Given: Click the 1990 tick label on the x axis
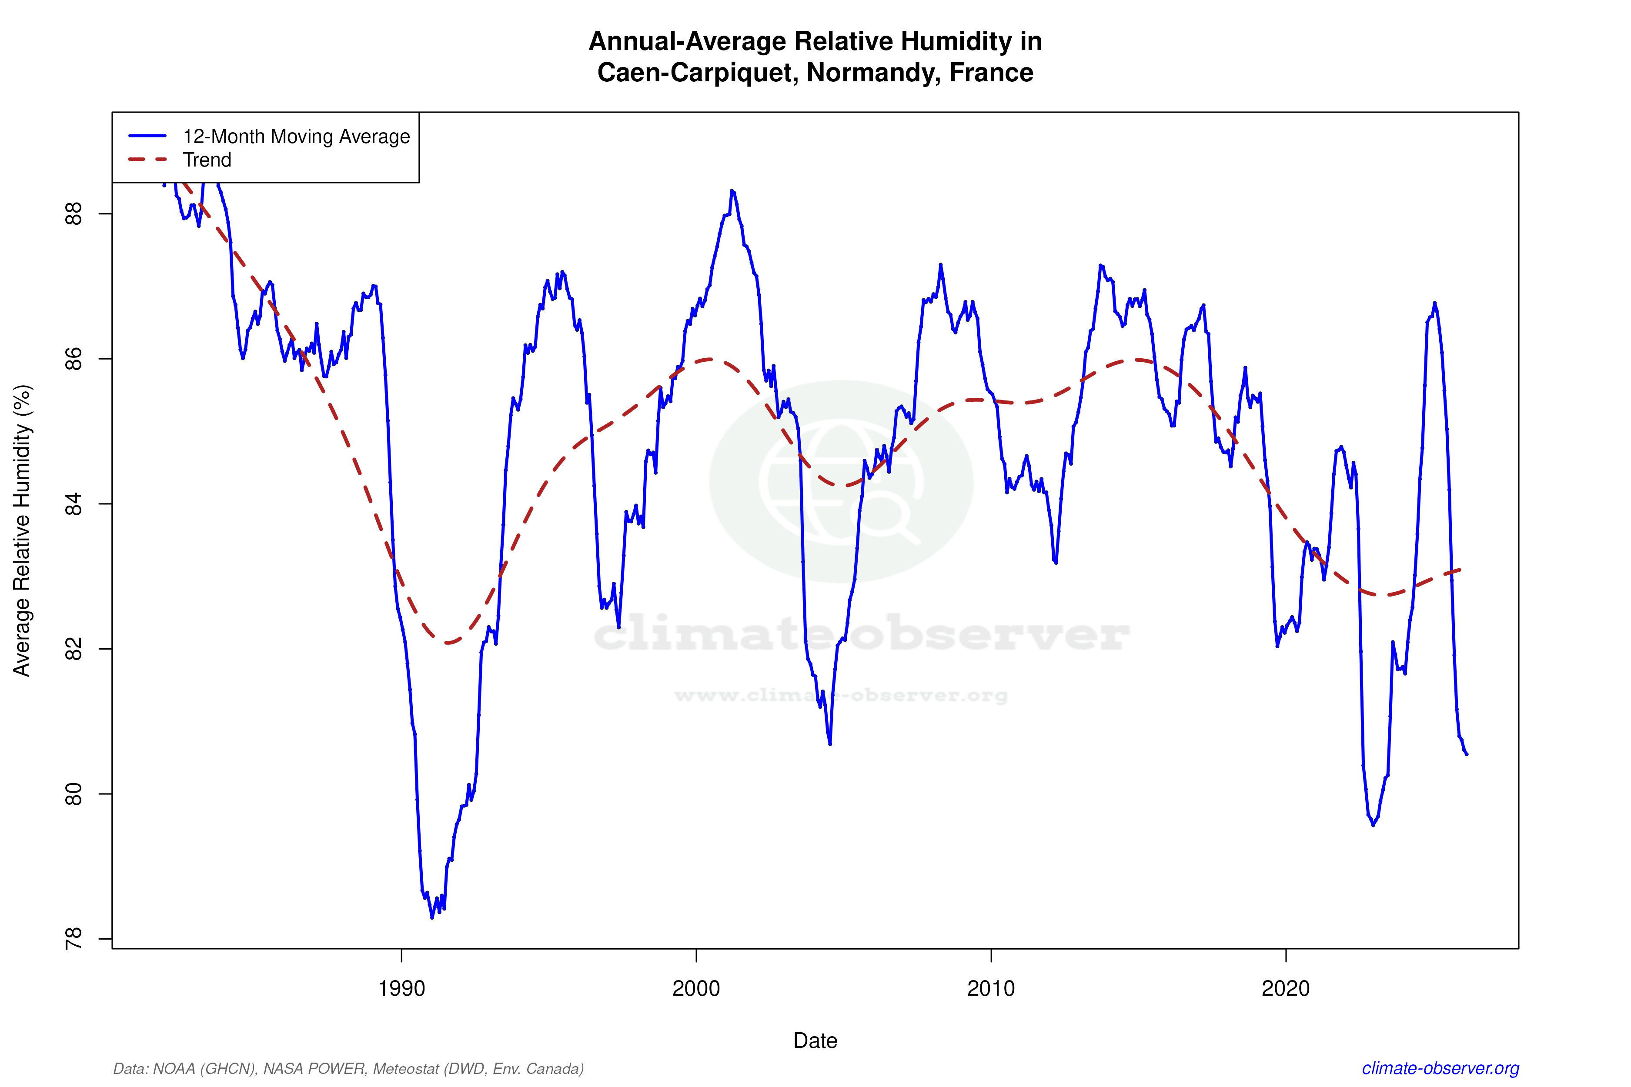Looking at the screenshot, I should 401,988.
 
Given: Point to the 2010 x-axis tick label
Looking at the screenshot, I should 990,988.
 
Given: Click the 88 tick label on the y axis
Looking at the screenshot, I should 73,213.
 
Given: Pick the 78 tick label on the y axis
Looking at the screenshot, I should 73,939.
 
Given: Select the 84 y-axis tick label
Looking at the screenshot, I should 73,504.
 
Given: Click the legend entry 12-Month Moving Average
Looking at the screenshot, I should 296,137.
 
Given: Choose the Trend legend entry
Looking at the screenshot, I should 207,160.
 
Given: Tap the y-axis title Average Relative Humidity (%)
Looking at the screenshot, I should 22,530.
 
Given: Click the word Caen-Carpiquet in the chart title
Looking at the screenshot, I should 697,73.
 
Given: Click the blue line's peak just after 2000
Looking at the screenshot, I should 732,190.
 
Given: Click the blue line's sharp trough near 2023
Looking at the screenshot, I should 1373,825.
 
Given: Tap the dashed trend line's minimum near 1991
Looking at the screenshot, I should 449,643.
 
